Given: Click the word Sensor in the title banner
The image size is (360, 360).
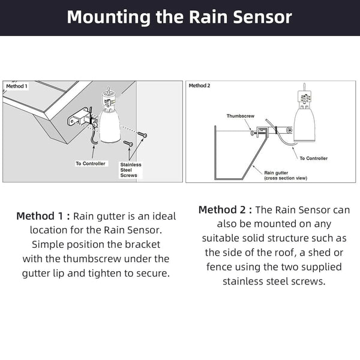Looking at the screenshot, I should tap(260, 17).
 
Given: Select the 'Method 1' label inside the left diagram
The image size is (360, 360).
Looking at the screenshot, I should tap(16, 86).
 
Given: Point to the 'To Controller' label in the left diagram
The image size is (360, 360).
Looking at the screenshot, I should tap(91, 163).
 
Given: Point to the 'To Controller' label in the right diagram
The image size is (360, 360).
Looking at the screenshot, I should tap(313, 158).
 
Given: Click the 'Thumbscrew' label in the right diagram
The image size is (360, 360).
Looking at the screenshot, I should tap(241, 115).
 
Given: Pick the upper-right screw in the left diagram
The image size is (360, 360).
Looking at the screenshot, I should tap(142, 134).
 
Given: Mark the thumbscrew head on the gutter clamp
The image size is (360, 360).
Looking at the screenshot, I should tap(251, 134).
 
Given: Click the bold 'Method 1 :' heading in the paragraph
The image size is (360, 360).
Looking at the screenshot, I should tap(43, 215).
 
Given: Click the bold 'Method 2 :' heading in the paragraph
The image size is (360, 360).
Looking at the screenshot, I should tap(226, 210).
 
